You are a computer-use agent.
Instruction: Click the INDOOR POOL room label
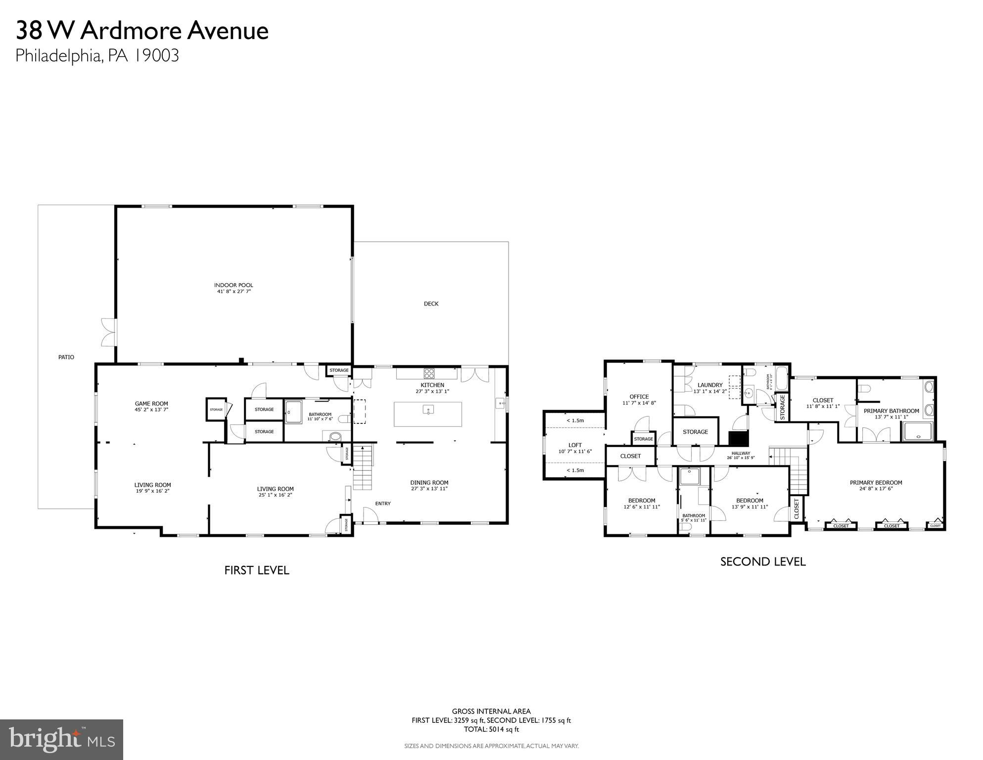tap(234, 285)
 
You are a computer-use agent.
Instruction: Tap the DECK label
tap(431, 304)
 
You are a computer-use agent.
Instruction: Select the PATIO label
tap(66, 357)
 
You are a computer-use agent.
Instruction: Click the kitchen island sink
tap(428, 409)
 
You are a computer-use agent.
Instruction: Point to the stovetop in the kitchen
tap(428, 373)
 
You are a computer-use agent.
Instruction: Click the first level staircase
tap(363, 468)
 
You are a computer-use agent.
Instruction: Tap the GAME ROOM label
tap(151, 404)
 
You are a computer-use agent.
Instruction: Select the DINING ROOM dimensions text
tap(429, 489)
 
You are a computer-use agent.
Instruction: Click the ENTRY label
tap(383, 504)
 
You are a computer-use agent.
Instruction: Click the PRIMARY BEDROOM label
tap(876, 482)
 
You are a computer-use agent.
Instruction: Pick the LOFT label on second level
tap(575, 445)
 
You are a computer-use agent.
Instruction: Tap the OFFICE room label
tap(639, 397)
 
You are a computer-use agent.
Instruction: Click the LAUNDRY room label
tap(710, 385)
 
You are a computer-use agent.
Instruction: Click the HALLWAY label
tap(741, 453)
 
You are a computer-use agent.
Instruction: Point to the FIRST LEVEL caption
tap(256, 570)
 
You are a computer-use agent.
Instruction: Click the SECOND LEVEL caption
tap(762, 561)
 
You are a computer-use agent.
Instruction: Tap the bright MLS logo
tap(61, 739)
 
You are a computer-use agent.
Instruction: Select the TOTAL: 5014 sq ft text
tap(491, 729)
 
